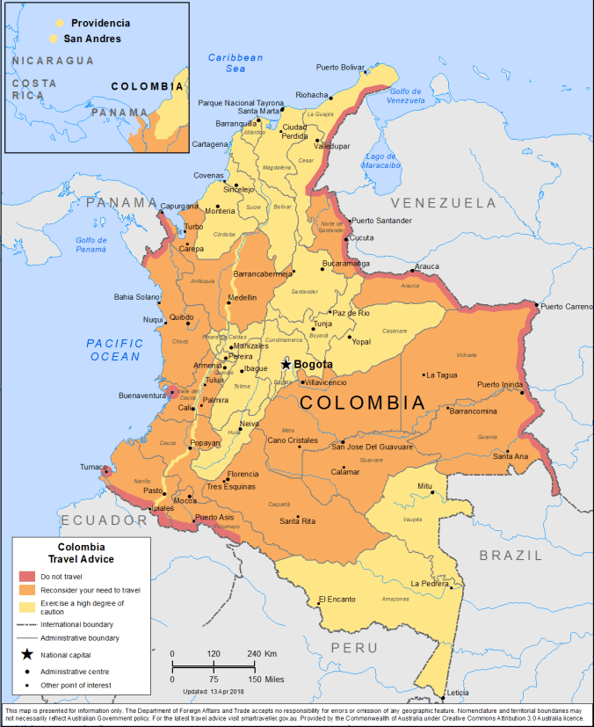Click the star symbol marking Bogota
click(x=286, y=363)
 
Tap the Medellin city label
click(x=242, y=298)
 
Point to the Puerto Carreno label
click(x=566, y=307)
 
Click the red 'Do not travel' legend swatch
click(x=27, y=577)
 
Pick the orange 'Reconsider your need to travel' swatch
click(x=27, y=590)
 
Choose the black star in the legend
click(x=27, y=654)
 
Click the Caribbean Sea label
click(x=235, y=62)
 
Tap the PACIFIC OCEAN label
click(x=114, y=350)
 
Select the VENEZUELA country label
click(x=445, y=203)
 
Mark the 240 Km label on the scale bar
click(x=260, y=654)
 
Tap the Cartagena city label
click(x=210, y=144)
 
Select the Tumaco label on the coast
click(x=92, y=466)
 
